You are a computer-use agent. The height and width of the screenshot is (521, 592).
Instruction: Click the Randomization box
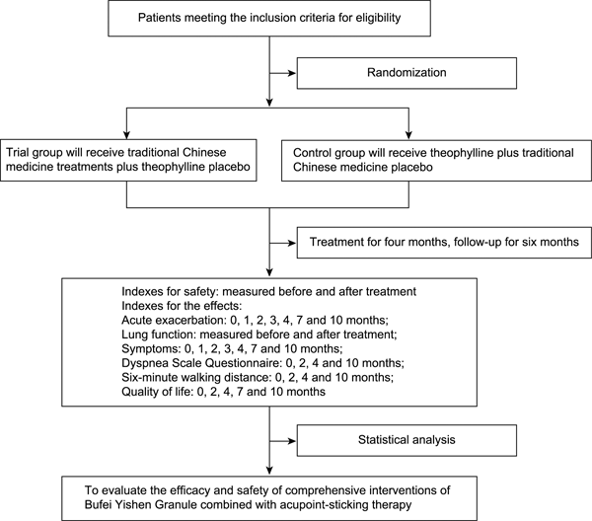407,73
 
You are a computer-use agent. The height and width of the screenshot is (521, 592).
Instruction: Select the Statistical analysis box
407,440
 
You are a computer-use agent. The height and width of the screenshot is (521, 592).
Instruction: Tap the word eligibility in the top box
378,18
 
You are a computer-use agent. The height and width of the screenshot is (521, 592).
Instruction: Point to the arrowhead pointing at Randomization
292,73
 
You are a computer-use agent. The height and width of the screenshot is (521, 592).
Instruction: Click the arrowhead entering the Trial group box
127,135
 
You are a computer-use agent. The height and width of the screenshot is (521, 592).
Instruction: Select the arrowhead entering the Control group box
408,135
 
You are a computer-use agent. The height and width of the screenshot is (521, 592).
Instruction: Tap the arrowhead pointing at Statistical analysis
292,441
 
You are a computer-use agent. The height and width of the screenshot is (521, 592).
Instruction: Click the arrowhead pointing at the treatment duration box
292,243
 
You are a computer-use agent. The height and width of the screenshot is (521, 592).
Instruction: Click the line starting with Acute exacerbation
255,320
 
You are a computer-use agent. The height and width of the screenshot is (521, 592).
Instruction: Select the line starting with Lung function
259,335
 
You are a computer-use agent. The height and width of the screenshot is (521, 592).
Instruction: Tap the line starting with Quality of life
224,392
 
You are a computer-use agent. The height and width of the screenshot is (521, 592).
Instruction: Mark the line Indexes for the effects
182,306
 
